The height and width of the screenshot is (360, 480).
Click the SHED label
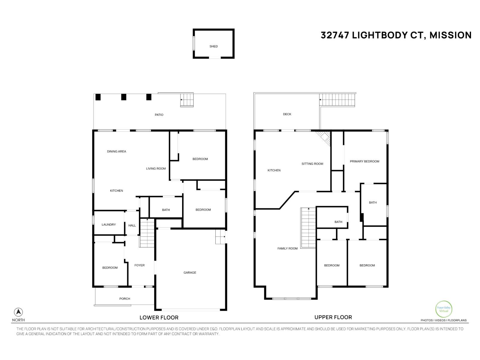pyautogui.click(x=214, y=46)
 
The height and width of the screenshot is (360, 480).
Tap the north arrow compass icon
pyautogui.click(x=18, y=312)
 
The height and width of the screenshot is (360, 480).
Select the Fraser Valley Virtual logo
pyautogui.click(x=443, y=309)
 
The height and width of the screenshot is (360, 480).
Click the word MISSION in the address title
pyautogui.click(x=450, y=35)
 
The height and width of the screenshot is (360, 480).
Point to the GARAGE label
pyautogui.click(x=190, y=273)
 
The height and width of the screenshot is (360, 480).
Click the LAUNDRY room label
pyautogui.click(x=109, y=225)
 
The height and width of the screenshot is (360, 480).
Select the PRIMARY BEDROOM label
pyautogui.click(x=364, y=161)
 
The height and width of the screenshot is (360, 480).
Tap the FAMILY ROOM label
pyautogui.click(x=287, y=248)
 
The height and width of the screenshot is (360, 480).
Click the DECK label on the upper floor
pyautogui.click(x=287, y=114)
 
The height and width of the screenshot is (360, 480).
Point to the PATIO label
pyautogui.click(x=159, y=115)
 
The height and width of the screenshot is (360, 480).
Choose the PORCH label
pyautogui.click(x=125, y=299)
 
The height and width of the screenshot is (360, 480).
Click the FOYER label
pyautogui.click(x=139, y=265)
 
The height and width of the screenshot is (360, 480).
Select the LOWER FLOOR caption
pyautogui.click(x=159, y=318)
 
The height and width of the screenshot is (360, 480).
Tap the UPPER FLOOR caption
pyautogui.click(x=333, y=317)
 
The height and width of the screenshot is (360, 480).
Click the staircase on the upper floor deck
pyautogui.click(x=337, y=100)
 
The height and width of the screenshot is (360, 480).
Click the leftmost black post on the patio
pyautogui.click(x=97, y=97)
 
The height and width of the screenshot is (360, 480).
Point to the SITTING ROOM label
pyautogui.click(x=312, y=164)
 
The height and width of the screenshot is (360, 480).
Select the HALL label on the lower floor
pyautogui.click(x=132, y=226)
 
